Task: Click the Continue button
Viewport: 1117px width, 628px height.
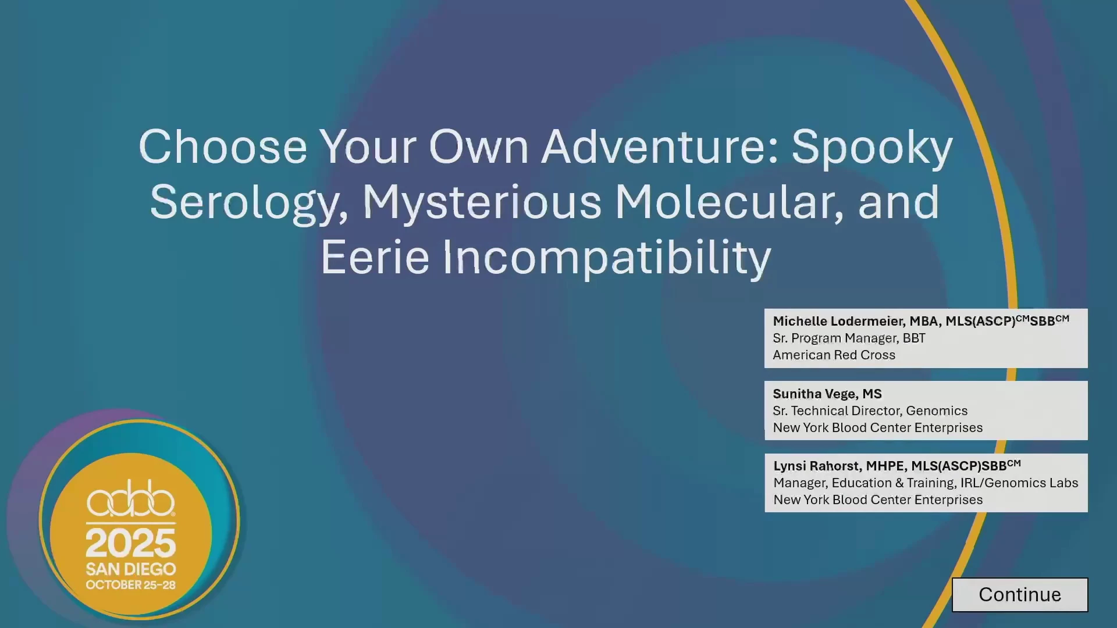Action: pos(1020,594)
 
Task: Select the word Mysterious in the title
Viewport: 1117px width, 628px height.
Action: pos(482,202)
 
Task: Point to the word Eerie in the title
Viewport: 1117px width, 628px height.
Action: pos(375,257)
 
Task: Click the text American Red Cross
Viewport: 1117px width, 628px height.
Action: pos(834,355)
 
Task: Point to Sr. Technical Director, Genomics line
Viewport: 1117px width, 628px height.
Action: pos(870,411)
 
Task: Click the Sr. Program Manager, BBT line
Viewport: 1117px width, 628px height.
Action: pos(849,338)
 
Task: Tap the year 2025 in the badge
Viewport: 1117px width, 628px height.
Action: pos(131,543)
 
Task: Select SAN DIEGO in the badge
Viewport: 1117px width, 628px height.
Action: pos(131,569)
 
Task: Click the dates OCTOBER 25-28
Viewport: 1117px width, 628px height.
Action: pos(131,585)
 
